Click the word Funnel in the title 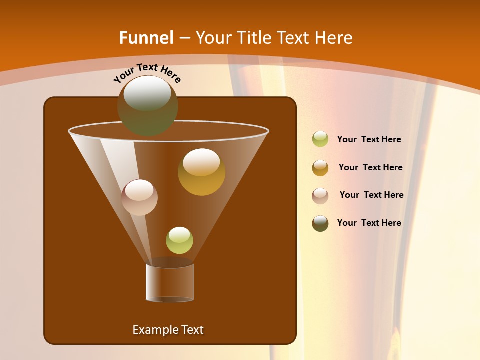click(146, 38)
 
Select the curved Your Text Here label click(147, 73)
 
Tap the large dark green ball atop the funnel click(147, 106)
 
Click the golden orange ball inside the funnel click(202, 173)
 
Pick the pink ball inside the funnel click(139, 197)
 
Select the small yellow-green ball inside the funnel click(179, 240)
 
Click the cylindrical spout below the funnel click(170, 282)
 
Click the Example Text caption click(168, 330)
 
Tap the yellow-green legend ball click(320, 139)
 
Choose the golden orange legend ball click(320, 168)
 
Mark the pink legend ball click(320, 195)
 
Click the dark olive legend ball click(320, 223)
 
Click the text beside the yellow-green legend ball click(369, 140)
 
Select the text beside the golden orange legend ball click(370, 168)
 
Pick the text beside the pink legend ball click(371, 195)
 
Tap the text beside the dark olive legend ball click(369, 223)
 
